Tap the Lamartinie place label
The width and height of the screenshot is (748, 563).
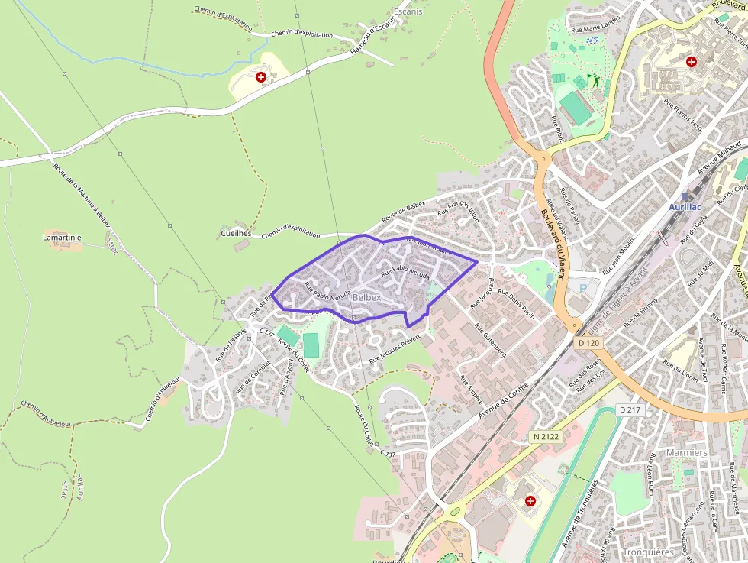pos(62,238)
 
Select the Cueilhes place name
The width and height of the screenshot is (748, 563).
pos(236,233)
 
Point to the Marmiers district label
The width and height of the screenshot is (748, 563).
pos(687,452)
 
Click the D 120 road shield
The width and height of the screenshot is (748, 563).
pos(589,343)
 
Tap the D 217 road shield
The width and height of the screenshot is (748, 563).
pos(630,410)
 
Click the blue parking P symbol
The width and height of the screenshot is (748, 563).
pos(585,289)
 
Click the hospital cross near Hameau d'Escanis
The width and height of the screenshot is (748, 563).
pos(261,77)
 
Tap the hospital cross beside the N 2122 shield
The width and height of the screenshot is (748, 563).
pos(530,500)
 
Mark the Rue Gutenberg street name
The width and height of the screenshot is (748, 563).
pos(490,341)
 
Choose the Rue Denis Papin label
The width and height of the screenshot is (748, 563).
pos(516,301)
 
